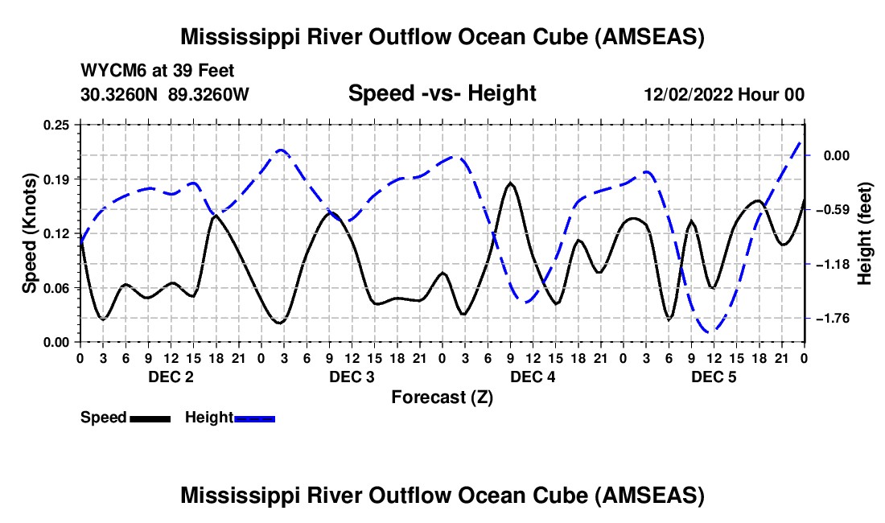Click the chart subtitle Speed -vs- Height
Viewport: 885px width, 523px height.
[442, 93]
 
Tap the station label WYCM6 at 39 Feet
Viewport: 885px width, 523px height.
[157, 71]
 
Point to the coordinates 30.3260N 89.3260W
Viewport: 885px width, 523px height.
[165, 94]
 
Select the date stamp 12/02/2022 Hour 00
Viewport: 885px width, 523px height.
[724, 94]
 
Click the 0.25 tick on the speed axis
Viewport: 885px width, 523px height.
[56, 125]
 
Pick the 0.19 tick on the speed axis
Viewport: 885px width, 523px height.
[56, 179]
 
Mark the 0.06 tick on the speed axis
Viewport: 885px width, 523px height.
[56, 288]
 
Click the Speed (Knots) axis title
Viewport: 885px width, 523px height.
[29, 233]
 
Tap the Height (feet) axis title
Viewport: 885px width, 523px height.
[865, 233]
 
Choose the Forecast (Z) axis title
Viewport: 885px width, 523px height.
[442, 397]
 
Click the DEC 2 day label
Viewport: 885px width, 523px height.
[171, 377]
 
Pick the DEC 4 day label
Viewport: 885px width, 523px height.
[533, 377]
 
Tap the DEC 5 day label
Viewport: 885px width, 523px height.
[714, 377]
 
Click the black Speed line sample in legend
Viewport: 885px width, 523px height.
[150, 418]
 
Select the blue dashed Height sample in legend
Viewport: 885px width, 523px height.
[254, 418]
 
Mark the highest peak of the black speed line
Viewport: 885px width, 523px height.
[511, 183]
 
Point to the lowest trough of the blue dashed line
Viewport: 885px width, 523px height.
[710, 332]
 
